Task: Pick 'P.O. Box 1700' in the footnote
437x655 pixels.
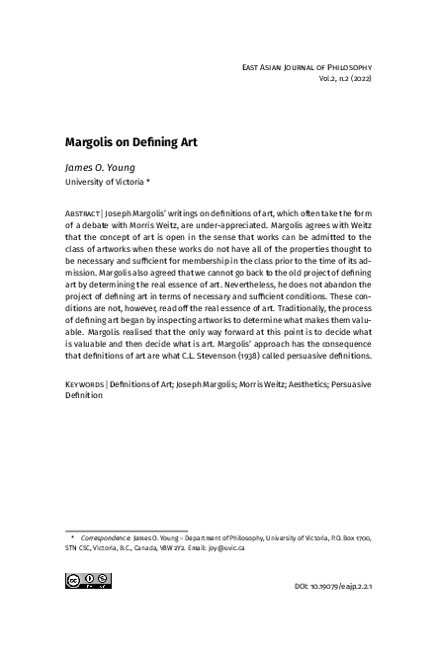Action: pyautogui.click(x=348, y=535)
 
